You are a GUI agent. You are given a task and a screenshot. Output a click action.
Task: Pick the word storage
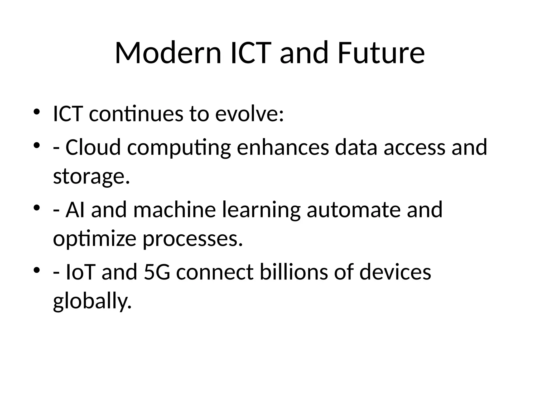click(x=91, y=177)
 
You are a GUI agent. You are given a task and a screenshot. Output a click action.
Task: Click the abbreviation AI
click(x=75, y=210)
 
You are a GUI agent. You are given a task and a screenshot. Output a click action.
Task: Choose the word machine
click(x=175, y=210)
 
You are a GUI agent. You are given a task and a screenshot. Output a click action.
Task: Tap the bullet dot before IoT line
click(x=36, y=270)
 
